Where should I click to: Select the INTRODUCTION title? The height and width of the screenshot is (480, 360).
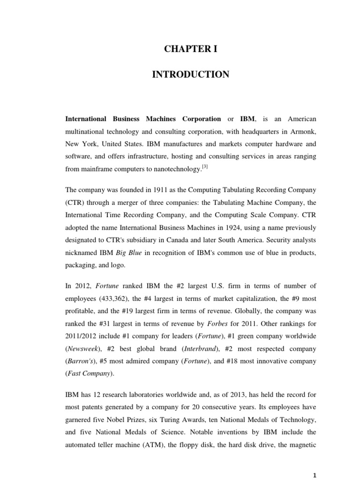tap(190, 75)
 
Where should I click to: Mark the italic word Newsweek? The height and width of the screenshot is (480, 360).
tap(82, 336)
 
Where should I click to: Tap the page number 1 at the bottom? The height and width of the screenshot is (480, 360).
tap(315, 474)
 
